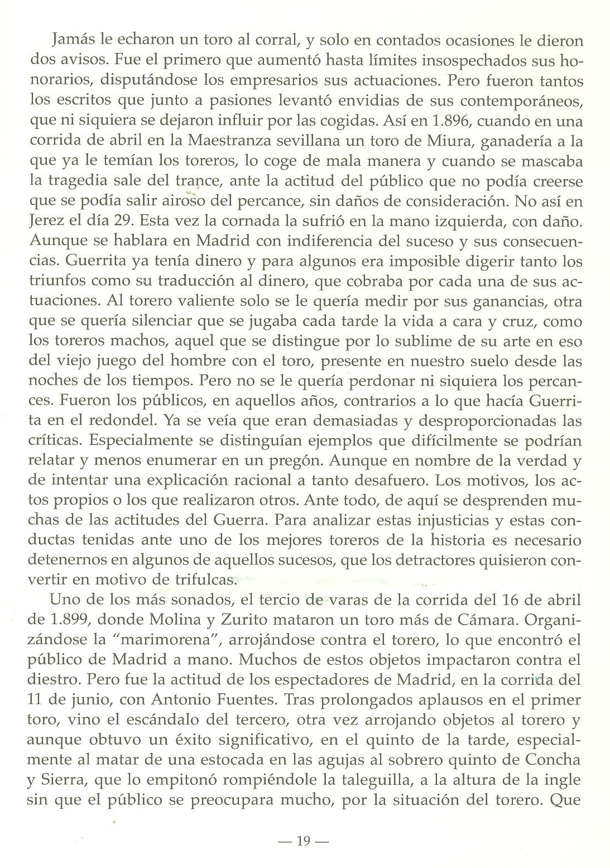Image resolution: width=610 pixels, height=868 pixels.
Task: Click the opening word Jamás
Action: pyautogui.click(x=70, y=41)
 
